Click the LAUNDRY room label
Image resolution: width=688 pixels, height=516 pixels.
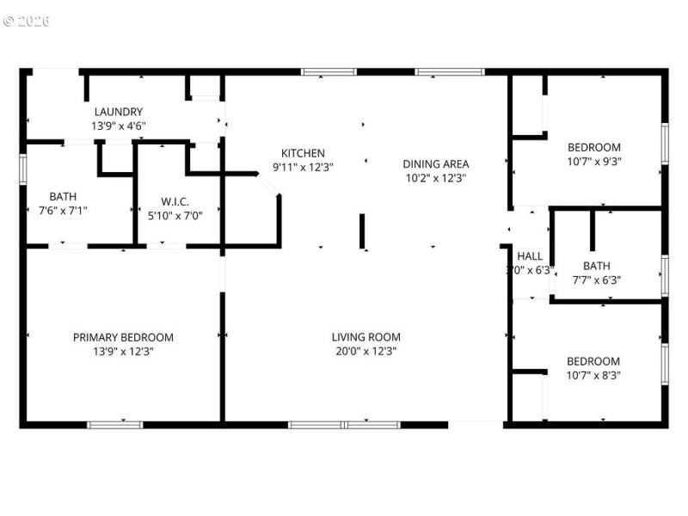click(x=119, y=112)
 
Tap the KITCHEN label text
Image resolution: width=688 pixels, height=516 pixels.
click(x=303, y=153)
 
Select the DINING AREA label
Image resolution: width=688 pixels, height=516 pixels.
click(x=436, y=163)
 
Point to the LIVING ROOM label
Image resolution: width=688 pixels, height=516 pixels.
click(x=366, y=337)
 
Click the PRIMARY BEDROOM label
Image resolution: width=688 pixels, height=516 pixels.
click(x=123, y=337)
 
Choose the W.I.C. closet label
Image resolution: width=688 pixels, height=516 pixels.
click(x=175, y=202)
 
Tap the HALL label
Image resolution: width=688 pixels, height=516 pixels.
click(x=530, y=255)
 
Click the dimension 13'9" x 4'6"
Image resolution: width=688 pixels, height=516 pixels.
click(x=119, y=126)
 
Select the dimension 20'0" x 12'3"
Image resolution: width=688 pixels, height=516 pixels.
click(x=366, y=351)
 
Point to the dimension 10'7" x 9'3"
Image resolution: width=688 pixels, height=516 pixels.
click(x=593, y=161)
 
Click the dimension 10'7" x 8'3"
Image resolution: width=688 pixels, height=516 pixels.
click(x=593, y=375)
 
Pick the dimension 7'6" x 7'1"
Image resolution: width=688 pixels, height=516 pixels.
click(x=63, y=210)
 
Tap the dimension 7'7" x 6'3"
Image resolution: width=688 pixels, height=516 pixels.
click(x=597, y=279)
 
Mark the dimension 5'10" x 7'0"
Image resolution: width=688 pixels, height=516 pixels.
click(x=175, y=215)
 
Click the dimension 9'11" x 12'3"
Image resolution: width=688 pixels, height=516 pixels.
click(x=303, y=167)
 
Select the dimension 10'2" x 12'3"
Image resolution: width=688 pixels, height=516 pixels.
click(x=436, y=178)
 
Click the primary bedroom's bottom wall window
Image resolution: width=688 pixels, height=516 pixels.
click(x=115, y=424)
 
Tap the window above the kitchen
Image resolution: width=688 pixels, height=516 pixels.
click(x=329, y=71)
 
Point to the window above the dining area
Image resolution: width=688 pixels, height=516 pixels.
click(x=450, y=71)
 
